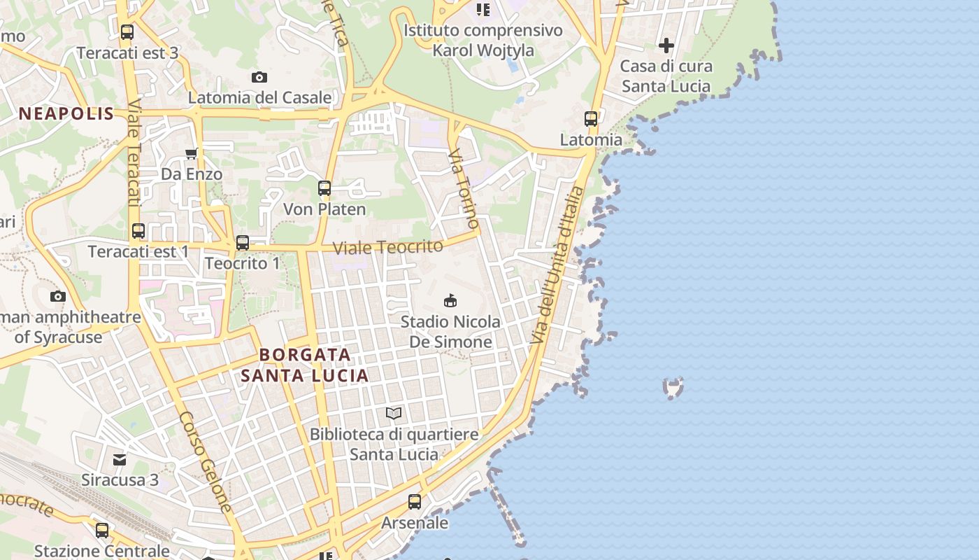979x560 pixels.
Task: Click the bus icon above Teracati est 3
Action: point(127,32)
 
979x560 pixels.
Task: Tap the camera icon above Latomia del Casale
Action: point(259,77)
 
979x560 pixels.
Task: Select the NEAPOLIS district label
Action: point(66,114)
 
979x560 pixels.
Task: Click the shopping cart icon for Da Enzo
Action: point(191,153)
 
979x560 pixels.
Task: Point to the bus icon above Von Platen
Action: point(324,188)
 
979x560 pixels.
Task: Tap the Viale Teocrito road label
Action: point(387,247)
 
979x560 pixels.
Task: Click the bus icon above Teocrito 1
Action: point(242,243)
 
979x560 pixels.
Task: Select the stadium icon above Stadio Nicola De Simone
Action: point(450,301)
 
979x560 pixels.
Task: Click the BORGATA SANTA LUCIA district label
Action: point(305,365)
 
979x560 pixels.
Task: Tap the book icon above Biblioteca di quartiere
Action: point(394,414)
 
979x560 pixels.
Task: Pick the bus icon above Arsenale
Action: point(415,502)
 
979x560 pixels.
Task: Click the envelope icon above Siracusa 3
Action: point(120,459)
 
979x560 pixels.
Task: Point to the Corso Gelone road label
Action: point(205,461)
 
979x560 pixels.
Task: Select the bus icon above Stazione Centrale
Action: point(102,531)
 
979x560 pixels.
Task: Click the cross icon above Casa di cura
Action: point(666,46)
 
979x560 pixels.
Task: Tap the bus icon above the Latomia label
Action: point(591,119)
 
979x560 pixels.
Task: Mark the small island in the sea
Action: point(673,387)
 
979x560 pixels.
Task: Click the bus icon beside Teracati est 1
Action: point(138,231)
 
